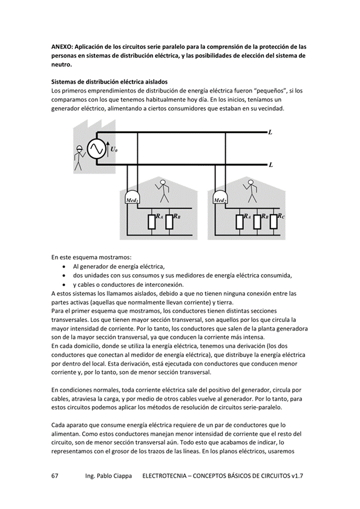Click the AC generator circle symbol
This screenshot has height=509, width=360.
(x=96, y=149)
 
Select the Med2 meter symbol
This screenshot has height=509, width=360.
(x=221, y=197)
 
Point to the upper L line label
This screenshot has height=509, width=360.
(x=270, y=132)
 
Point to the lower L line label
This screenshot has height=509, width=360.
(x=270, y=165)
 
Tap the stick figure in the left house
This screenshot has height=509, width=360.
(x=162, y=191)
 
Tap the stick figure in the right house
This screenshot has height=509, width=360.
(x=250, y=191)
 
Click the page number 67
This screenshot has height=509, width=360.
(x=55, y=476)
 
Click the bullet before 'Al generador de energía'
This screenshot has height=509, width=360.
(x=65, y=266)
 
